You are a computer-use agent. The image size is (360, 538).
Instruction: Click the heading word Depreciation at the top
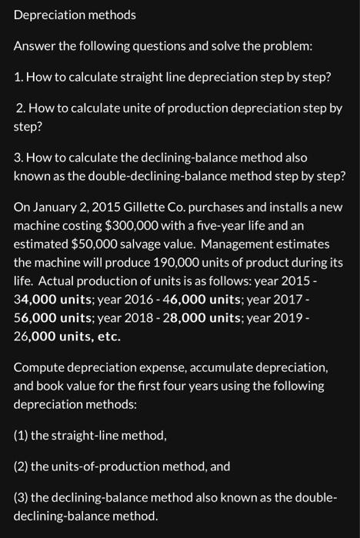point(48,15)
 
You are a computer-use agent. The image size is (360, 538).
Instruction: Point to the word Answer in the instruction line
point(34,45)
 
